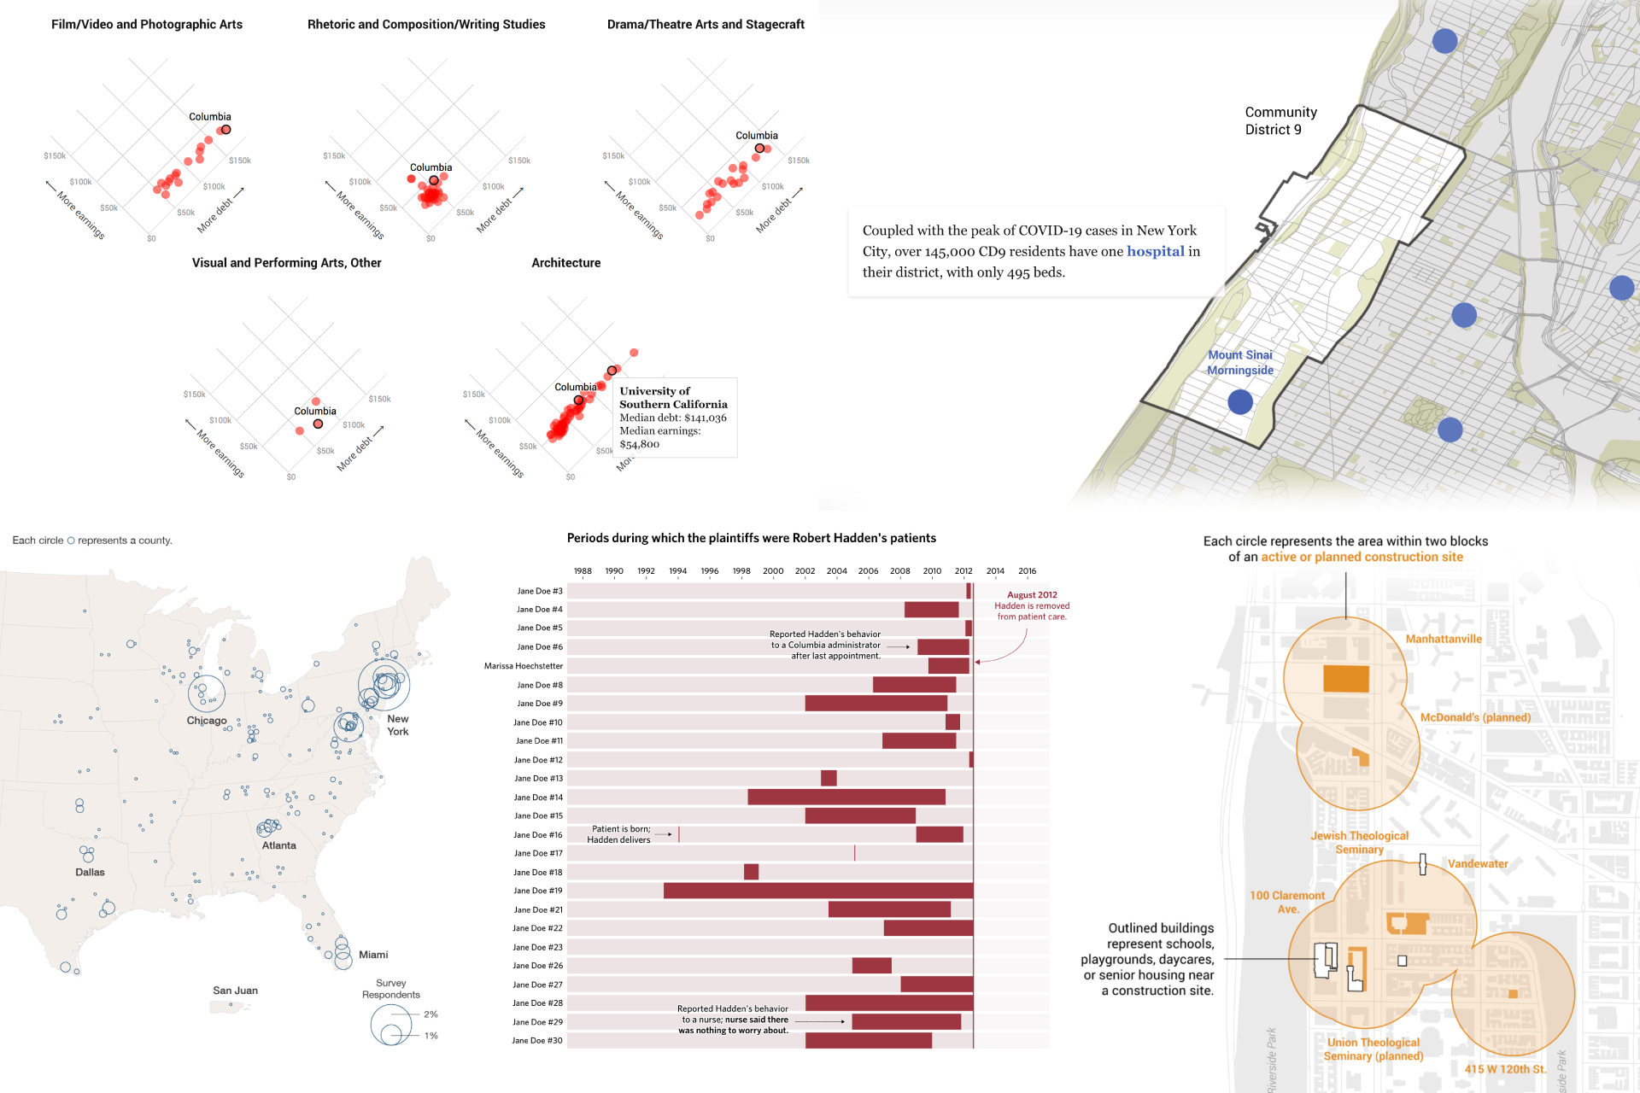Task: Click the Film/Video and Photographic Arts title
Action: point(147,25)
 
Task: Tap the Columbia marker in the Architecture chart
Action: point(578,400)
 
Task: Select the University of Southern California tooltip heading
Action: point(673,398)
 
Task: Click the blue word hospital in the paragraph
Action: point(1155,251)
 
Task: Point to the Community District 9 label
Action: point(1280,121)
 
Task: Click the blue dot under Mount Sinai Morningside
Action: point(1239,401)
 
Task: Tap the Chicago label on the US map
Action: point(207,721)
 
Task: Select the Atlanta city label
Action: point(278,845)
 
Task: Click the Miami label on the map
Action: point(373,955)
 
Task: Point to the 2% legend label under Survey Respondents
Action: point(430,1014)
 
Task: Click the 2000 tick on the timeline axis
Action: point(773,571)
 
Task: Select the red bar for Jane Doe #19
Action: point(817,891)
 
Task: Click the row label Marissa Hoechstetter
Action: point(524,666)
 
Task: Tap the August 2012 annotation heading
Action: point(1032,595)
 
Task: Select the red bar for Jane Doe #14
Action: point(846,797)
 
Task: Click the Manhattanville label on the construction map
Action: point(1444,639)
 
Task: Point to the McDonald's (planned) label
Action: point(1475,717)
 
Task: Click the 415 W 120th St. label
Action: point(1505,1069)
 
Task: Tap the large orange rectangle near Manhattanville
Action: point(1346,679)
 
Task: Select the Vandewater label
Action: point(1478,864)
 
